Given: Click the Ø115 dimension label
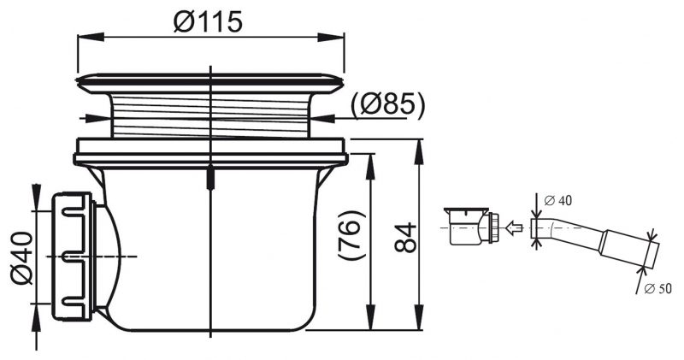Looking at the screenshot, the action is (207, 21).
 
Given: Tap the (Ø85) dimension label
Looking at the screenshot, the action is (387, 105).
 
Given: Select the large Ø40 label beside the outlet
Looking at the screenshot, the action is (21, 258).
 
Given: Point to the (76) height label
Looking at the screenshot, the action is (352, 236).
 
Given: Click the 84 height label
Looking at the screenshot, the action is (405, 238).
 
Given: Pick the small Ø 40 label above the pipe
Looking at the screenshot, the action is (558, 201).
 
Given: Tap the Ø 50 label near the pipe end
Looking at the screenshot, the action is (657, 288).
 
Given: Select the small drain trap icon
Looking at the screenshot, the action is (473, 227).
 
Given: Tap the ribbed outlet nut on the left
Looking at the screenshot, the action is (73, 257).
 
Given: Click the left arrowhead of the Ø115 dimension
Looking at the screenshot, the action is (91, 38).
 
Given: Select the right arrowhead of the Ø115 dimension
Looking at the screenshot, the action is (331, 38).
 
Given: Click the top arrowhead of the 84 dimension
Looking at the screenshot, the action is (419, 152).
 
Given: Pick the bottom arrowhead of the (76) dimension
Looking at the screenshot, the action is (371, 316).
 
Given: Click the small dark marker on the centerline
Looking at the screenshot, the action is (210, 179).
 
